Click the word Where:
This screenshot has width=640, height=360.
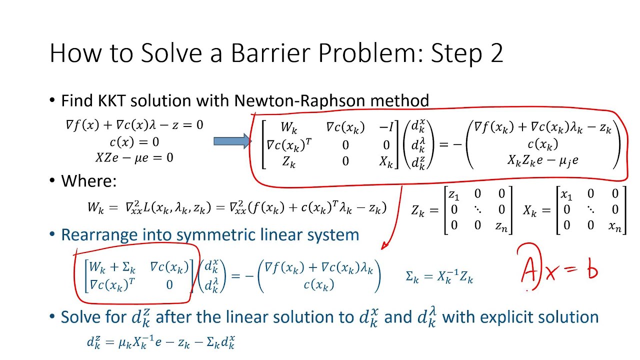[x=88, y=180]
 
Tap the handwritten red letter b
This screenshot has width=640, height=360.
[x=591, y=270]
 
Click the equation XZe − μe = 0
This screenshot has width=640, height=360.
[x=134, y=158]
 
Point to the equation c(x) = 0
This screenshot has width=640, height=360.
[x=134, y=142]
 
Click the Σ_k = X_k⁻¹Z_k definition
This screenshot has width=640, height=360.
[x=439, y=277]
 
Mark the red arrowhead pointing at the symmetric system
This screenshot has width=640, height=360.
[x=384, y=245]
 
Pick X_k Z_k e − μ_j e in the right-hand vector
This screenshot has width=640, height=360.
[x=542, y=161]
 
